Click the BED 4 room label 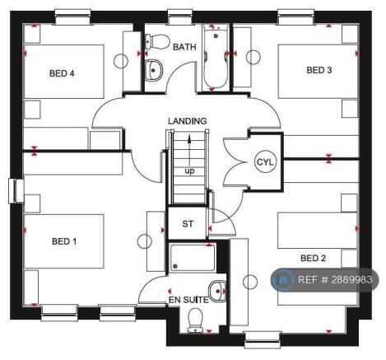point(62,73)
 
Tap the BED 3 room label point(319,70)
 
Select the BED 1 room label point(64,241)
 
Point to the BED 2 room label point(313,258)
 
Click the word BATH point(184,47)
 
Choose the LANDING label point(188,121)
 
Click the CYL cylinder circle point(265,162)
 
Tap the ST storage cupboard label point(188,224)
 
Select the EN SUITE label point(188,300)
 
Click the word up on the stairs point(189,171)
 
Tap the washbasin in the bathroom point(154,70)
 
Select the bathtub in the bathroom point(216,56)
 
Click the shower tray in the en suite point(193,258)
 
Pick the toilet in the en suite point(195,320)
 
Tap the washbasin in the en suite point(218,291)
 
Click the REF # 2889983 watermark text point(335,279)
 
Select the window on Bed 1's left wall point(16,191)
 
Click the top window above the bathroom point(180,16)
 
